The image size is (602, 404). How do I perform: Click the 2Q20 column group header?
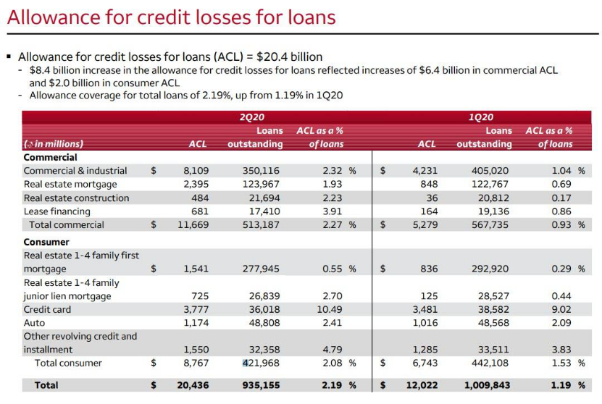point(252,117)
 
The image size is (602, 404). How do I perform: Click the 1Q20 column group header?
point(481,117)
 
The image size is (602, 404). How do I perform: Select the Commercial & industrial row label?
point(75,171)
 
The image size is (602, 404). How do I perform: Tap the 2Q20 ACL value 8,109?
point(196,171)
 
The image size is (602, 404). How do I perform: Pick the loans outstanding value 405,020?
point(490,171)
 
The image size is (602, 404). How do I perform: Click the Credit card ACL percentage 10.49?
point(330,309)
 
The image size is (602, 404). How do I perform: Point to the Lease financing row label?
point(57,211)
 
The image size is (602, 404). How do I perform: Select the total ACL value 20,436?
point(193,385)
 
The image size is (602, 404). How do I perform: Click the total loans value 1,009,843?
point(488,385)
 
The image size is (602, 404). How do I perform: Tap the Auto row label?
point(34,323)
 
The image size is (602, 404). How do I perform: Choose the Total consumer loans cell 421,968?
point(261,363)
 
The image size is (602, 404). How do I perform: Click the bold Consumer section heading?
point(46,242)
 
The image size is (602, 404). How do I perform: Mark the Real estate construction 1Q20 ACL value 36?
point(432,198)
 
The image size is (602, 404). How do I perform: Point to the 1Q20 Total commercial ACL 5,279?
point(425,225)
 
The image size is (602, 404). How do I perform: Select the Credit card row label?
point(47,309)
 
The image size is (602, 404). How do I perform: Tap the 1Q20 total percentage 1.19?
point(561,385)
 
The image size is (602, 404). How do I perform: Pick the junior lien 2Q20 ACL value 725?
point(200,296)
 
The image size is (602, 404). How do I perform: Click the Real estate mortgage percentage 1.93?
point(332,184)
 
